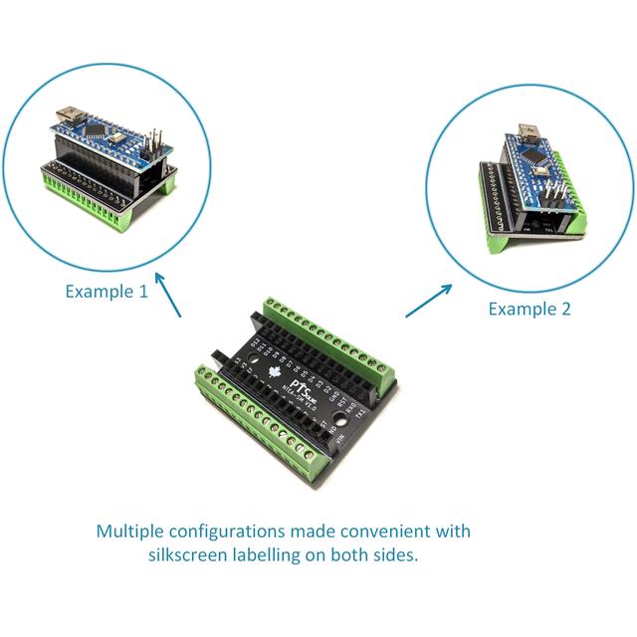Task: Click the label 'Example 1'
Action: [106, 292]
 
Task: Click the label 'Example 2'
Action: [530, 309]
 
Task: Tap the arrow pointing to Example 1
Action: [169, 297]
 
